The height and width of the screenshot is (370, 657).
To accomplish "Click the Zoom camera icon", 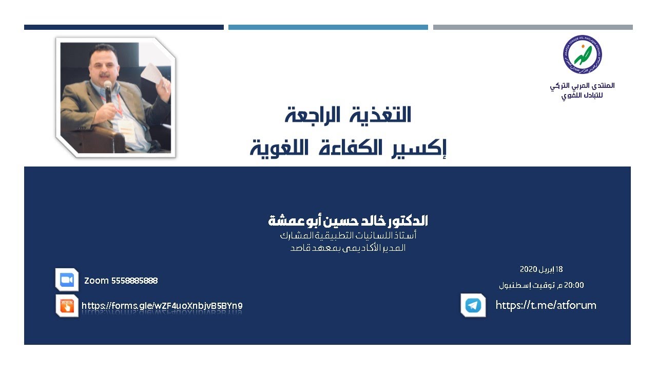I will [67, 280].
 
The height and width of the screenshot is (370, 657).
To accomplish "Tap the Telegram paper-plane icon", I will [473, 305].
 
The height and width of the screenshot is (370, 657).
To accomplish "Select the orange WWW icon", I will [67, 306].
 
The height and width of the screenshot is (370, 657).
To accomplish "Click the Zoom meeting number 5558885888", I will [134, 281].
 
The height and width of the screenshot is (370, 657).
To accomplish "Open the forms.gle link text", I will [162, 306].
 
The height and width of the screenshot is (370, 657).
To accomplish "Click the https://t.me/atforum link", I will [546, 305].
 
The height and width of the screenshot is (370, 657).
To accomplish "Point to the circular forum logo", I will [582, 54].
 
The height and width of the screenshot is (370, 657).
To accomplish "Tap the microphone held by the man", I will [108, 88].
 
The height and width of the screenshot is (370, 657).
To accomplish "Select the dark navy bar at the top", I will [124, 27].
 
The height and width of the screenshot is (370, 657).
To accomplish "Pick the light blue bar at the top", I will [328, 27].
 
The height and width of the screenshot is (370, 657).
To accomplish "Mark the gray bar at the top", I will [533, 27].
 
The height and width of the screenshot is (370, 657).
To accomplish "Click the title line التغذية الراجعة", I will [348, 116].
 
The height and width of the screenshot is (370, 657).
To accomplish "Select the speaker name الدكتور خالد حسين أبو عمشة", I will [348, 221].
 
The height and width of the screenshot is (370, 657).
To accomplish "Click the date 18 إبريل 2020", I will [541, 269].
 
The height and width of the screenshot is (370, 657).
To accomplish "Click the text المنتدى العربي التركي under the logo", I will [582, 85].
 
